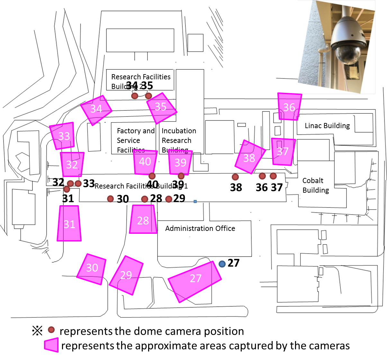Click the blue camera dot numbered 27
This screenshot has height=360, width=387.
click(x=222, y=264)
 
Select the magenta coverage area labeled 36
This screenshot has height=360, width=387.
click(x=289, y=107)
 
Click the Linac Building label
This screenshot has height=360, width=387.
click(x=327, y=126)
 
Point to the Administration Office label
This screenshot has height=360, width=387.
click(x=200, y=228)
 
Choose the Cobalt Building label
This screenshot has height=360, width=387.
click(x=315, y=185)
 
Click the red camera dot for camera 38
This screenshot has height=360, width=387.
click(x=235, y=177)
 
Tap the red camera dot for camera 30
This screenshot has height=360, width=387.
click(x=111, y=199)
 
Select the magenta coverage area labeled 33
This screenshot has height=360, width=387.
click(x=63, y=136)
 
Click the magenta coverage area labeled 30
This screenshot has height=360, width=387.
click(x=92, y=269)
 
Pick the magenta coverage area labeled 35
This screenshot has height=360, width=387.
click(x=161, y=108)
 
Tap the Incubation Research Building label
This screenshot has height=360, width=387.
click(x=179, y=140)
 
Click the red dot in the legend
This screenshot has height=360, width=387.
click(x=51, y=329)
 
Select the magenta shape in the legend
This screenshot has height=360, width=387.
click(x=51, y=346)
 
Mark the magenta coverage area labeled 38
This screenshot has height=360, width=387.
click(x=249, y=157)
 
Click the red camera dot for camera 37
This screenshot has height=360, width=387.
click(x=273, y=176)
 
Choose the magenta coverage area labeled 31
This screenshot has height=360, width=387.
click(x=69, y=224)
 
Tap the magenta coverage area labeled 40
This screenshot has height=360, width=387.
click(x=145, y=162)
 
